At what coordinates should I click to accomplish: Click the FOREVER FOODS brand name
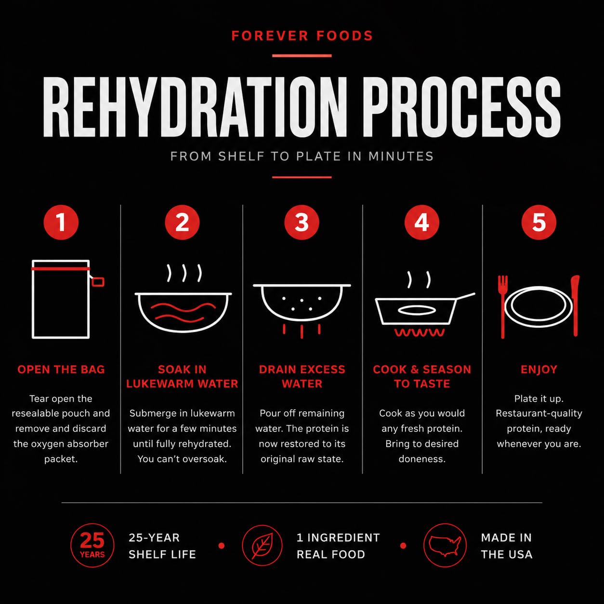(x=302, y=36)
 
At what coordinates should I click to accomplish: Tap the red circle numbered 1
(x=61, y=222)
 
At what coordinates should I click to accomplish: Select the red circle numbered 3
(x=302, y=222)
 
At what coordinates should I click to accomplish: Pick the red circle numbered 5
(x=539, y=222)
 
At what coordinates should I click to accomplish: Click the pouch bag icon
(x=33, y=299)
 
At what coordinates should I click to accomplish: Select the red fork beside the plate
(x=502, y=307)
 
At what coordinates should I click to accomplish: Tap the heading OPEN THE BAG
(x=61, y=369)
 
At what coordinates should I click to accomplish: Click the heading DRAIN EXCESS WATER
(x=302, y=377)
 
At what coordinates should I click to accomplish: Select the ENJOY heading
(x=539, y=369)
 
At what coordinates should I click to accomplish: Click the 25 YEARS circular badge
(x=92, y=546)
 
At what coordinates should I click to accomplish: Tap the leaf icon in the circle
(x=262, y=546)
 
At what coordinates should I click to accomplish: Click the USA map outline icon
(x=445, y=546)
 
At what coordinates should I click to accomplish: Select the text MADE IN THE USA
(x=507, y=546)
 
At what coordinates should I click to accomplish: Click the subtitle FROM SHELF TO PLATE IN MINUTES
(x=302, y=156)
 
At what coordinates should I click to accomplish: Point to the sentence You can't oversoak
(x=182, y=459)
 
